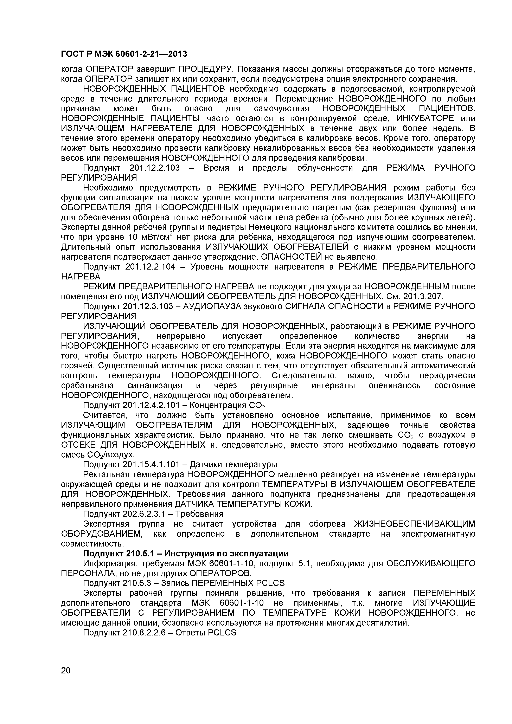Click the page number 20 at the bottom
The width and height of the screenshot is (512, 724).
point(66,679)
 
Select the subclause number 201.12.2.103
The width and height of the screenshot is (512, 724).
point(155,168)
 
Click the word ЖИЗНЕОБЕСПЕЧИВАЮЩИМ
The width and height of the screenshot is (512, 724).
point(415,524)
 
